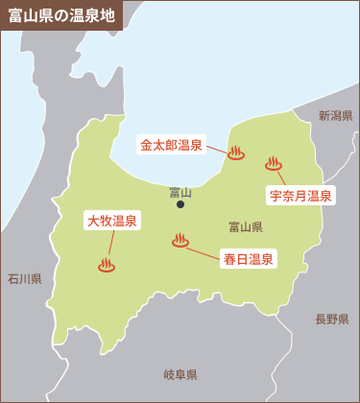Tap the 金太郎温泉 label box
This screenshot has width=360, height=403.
pos(171,146)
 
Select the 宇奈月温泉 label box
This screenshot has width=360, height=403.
pos(300,196)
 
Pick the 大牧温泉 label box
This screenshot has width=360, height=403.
pos(111,221)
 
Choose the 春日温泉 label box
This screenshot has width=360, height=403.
pos(249,258)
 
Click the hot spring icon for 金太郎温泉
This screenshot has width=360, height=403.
pos(236,152)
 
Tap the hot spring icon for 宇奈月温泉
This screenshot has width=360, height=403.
pos(274,164)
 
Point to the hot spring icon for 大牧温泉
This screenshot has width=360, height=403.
pos(107,265)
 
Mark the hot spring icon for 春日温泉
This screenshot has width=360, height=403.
pos(180,241)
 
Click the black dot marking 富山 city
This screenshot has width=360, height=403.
pos(180,203)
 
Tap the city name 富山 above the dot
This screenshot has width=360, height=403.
pos(180,191)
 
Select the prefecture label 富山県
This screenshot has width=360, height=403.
pos(246,227)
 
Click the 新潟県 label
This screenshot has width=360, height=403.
pos(336,115)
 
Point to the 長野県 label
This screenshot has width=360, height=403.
pos(332,319)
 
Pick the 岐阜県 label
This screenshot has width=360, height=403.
pos(180,374)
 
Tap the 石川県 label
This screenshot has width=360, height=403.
pos(24,279)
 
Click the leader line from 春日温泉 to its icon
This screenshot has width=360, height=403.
pos(204,250)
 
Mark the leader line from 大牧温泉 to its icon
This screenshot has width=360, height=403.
pos(108,244)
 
